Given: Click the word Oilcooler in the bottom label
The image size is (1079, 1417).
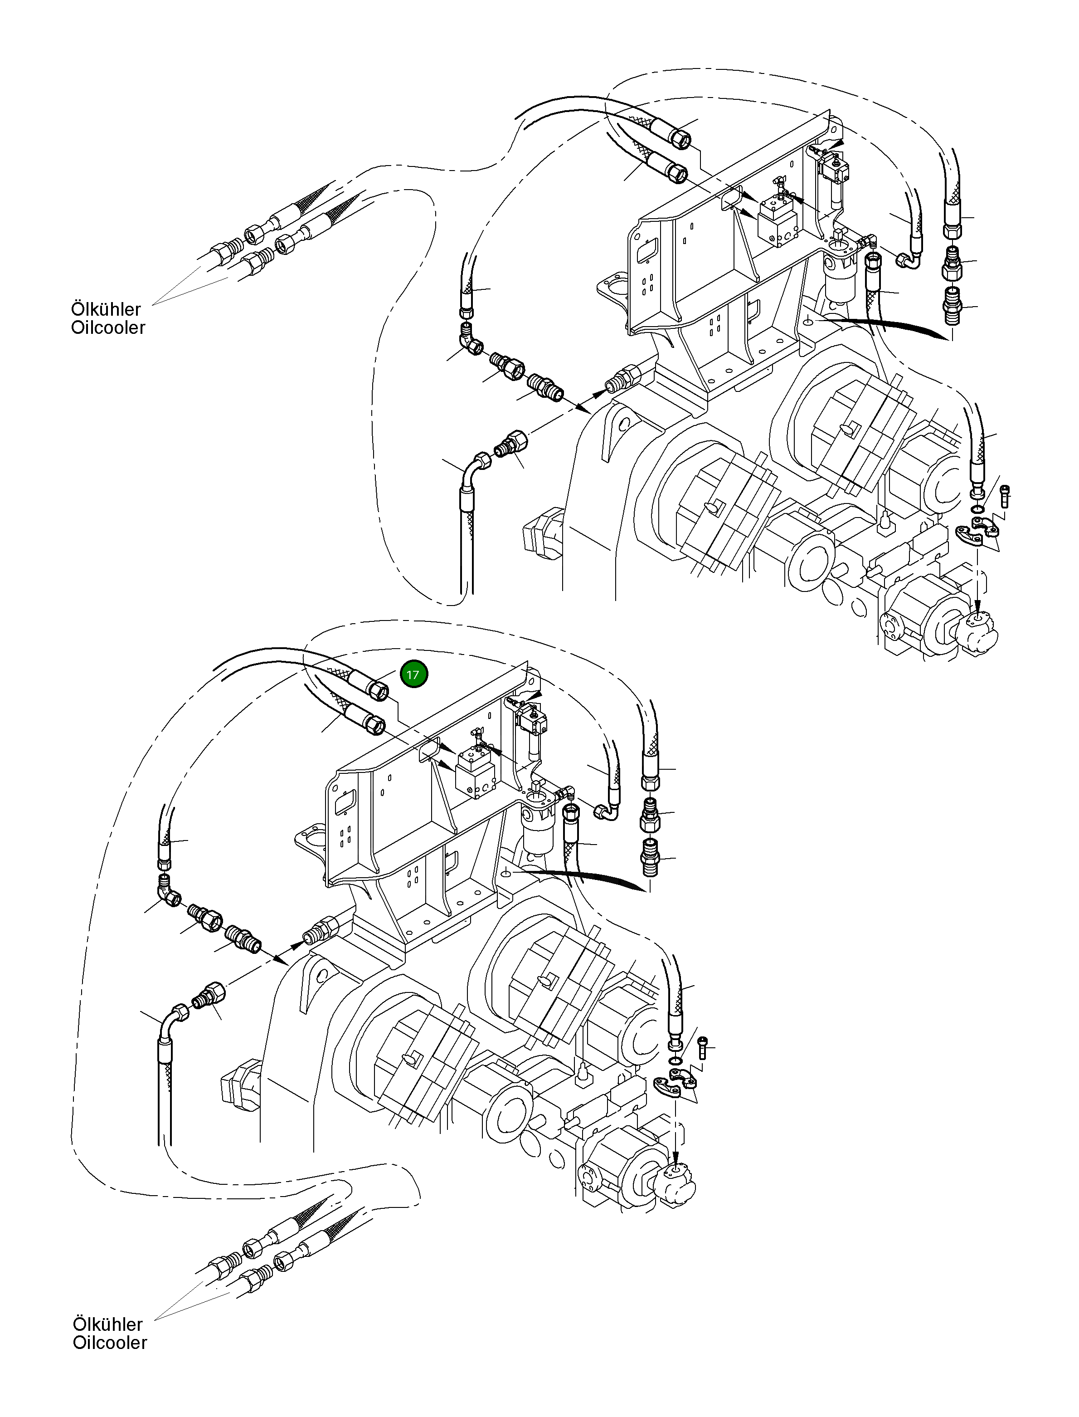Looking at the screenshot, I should click(110, 1343).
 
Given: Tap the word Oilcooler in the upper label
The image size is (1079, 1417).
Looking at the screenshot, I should click(108, 328).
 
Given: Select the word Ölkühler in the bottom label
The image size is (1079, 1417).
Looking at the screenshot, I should click(108, 1324).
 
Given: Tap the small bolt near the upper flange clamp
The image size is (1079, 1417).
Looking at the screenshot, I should click(1005, 495).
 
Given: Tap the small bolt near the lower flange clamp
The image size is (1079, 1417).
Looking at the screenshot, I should click(703, 1048).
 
